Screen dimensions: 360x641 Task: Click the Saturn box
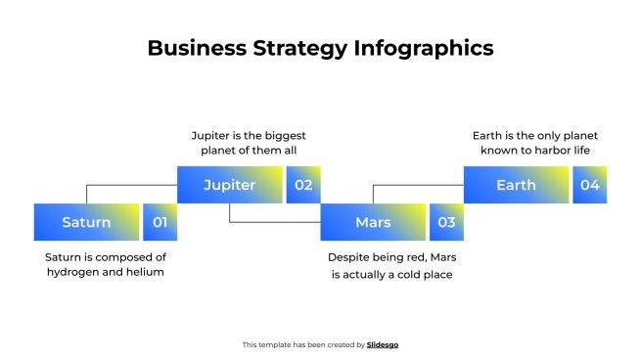coord(86,222)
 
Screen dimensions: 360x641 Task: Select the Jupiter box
coord(229,185)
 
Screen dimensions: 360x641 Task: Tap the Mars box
coord(373,222)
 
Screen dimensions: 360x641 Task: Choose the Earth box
coord(516,185)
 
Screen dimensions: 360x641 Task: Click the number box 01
coord(160,222)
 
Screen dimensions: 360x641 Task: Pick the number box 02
coord(303,185)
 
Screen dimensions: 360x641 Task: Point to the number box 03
coord(446,222)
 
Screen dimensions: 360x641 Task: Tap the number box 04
coord(589,185)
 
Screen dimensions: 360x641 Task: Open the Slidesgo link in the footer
coord(383,344)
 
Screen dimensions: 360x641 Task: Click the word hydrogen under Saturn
coord(74,272)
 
